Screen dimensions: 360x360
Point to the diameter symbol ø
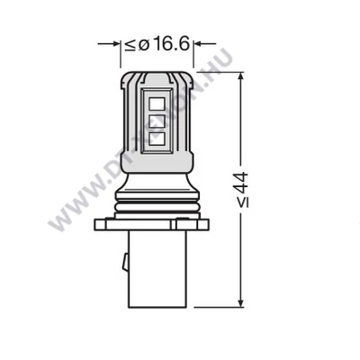(x=141, y=43)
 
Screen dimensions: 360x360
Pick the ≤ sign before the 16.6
(x=130, y=43)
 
